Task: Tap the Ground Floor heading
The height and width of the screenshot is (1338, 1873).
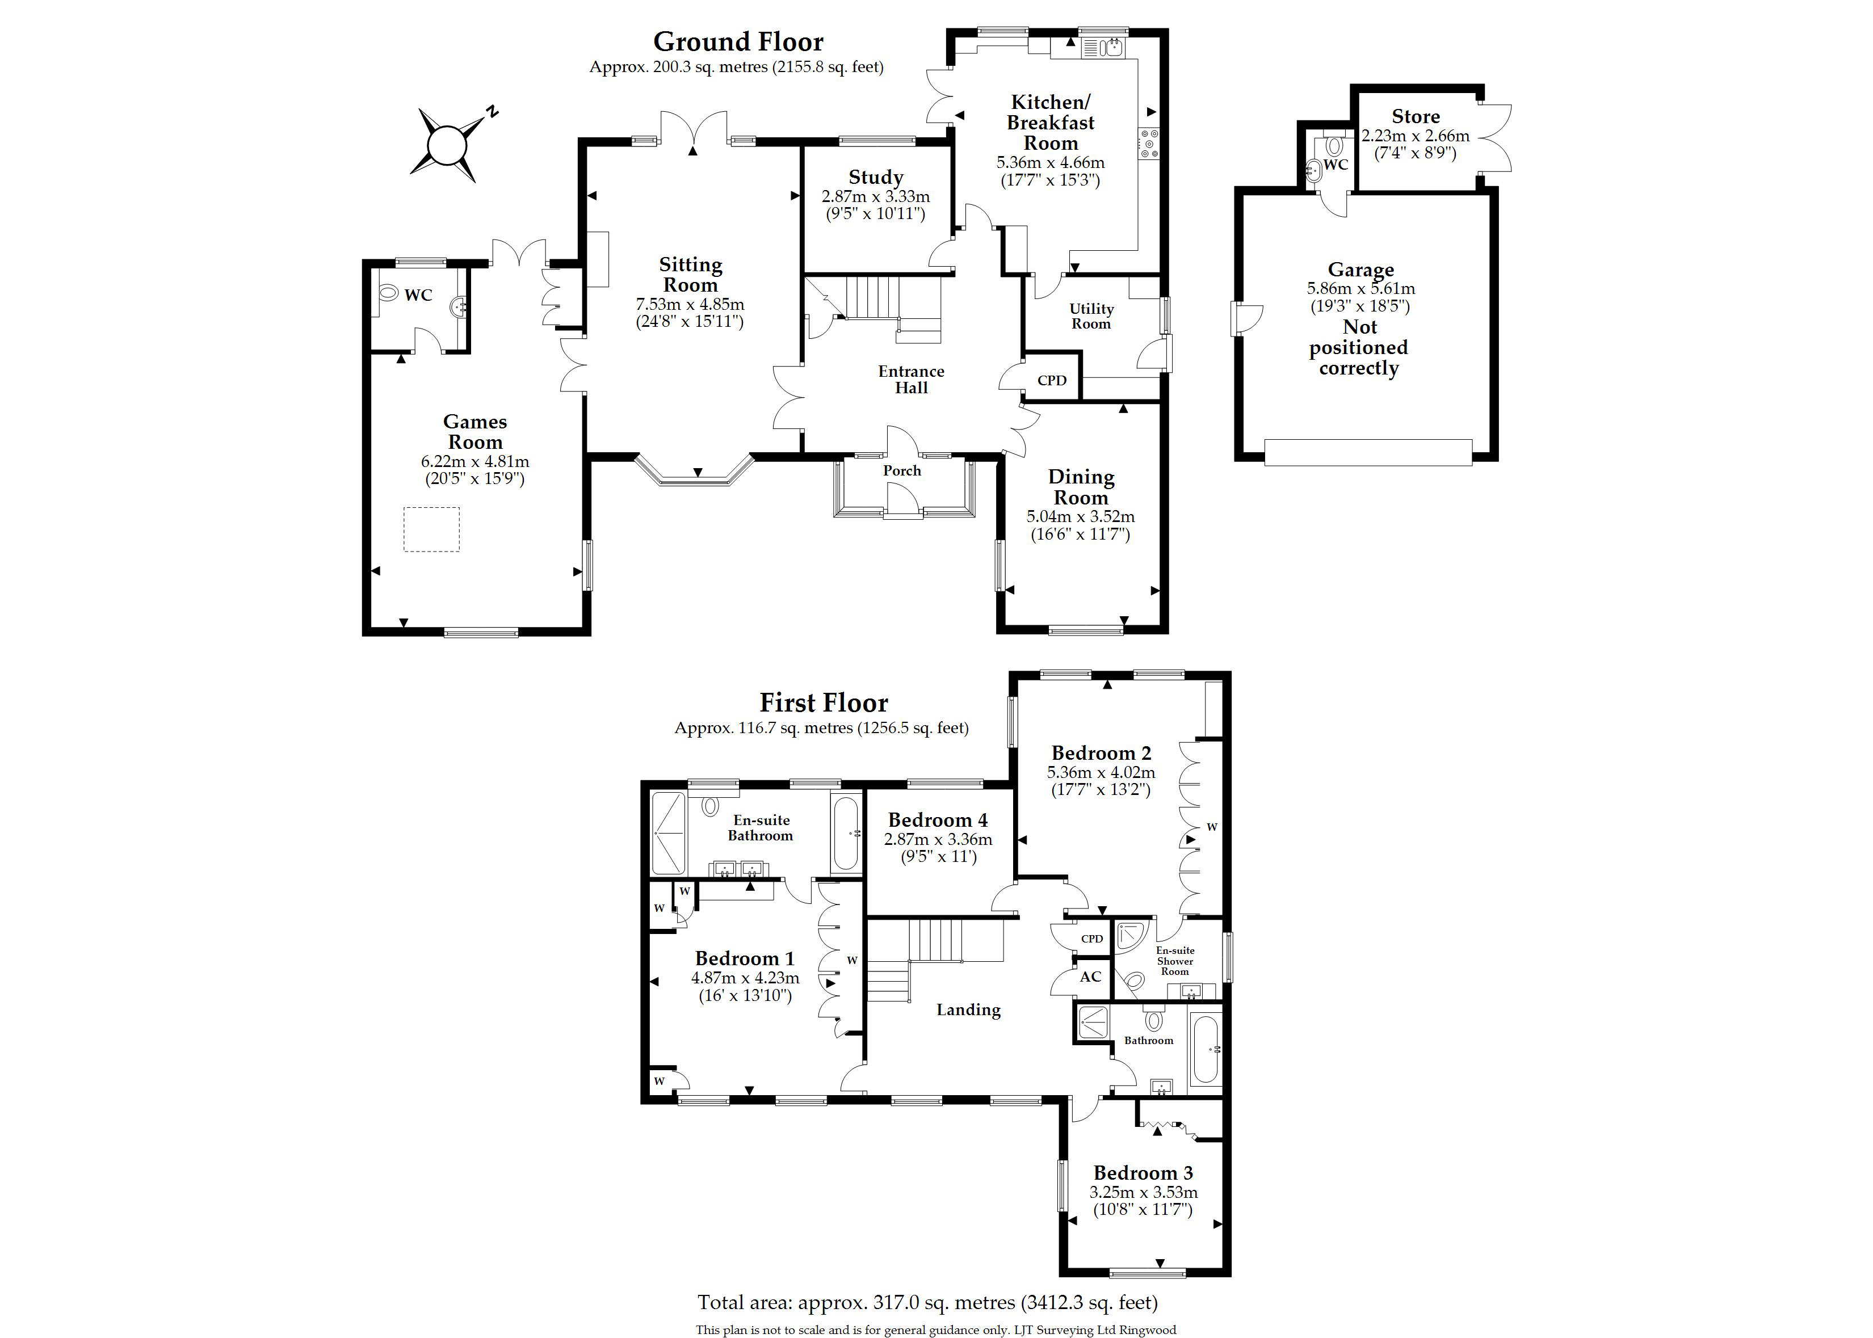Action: [x=738, y=41]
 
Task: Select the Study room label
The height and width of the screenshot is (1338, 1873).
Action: [x=876, y=177]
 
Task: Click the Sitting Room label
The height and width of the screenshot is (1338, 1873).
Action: [x=691, y=275]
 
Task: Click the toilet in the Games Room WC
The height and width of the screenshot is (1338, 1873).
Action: [x=389, y=293]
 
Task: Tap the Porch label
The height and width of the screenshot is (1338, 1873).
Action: [x=902, y=470]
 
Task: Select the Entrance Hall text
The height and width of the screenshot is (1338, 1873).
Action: [x=912, y=380]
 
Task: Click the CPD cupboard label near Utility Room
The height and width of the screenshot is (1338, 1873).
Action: [x=1052, y=381]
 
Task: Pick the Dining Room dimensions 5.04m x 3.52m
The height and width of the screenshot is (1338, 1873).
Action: [x=1080, y=516]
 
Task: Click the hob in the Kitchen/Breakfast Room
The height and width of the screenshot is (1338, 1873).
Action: [x=1149, y=144]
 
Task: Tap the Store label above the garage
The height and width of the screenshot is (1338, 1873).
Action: [x=1416, y=116]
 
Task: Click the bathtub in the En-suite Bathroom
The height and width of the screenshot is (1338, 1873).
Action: [x=846, y=833]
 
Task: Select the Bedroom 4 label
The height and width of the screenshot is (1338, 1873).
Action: [x=938, y=820]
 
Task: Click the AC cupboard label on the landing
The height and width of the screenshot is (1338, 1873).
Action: [x=1090, y=977]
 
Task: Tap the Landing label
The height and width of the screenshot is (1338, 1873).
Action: [x=968, y=1010]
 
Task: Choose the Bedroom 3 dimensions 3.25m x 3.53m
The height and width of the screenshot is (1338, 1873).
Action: [x=1144, y=1192]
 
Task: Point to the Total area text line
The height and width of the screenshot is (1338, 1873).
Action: [x=928, y=1303]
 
